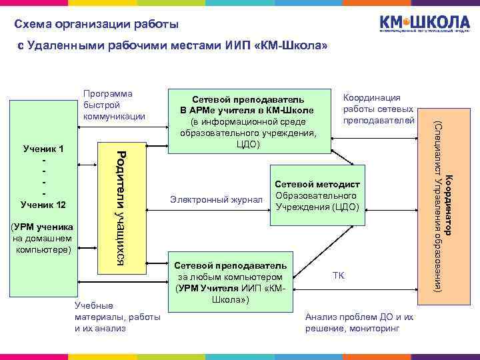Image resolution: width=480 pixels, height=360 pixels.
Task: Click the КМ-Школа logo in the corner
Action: tap(424, 24)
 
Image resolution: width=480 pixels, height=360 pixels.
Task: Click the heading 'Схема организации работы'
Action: tap(97, 25)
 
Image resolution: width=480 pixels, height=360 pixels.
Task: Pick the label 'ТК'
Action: tap(338, 275)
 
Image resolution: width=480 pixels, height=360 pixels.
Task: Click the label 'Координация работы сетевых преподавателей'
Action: tap(377, 109)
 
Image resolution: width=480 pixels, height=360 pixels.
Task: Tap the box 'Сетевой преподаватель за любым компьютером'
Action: tap(231, 283)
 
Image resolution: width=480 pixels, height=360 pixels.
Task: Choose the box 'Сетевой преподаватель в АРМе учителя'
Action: tap(248, 121)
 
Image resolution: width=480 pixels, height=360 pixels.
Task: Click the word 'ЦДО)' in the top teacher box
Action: tap(248, 144)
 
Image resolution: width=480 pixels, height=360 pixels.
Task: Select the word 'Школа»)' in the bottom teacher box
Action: tap(231, 299)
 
